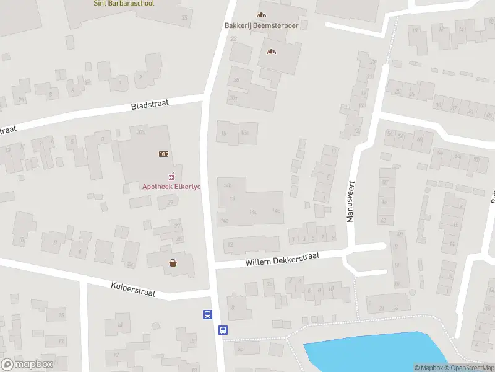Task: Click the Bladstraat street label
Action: click(150, 103)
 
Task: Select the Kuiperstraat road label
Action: click(133, 288)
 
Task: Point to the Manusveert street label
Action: click(351, 201)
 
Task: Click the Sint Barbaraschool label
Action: click(124, 3)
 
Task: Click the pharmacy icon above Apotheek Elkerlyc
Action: click(173, 175)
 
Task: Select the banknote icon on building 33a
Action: click(164, 153)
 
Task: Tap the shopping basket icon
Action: click(173, 262)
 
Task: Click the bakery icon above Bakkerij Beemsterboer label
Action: click(260, 15)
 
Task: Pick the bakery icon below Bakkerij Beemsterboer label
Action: click(270, 51)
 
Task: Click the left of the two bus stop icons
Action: click(208, 314)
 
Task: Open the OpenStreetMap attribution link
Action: click(470, 368)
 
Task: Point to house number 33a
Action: click(142, 131)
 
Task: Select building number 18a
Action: click(245, 132)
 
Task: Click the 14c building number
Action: click(252, 211)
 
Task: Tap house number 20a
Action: click(233, 98)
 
